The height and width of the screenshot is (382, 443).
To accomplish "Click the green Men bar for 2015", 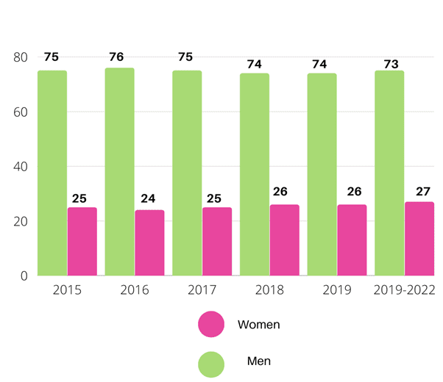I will click(52, 173).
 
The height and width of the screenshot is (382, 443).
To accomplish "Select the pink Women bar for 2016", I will click(149, 242).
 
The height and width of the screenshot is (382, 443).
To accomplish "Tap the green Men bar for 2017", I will click(187, 173).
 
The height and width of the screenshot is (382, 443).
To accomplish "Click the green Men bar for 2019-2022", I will click(389, 173).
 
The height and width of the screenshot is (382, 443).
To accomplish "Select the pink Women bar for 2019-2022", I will click(419, 239).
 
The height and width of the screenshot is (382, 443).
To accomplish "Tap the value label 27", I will click(423, 192).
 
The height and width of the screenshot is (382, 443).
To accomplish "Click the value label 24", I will click(149, 198).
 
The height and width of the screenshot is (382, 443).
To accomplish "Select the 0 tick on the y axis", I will click(24, 276).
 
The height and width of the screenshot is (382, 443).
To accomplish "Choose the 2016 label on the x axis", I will click(134, 290).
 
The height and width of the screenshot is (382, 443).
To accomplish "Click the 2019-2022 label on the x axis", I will click(403, 290).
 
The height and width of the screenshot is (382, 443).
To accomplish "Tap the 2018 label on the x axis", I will click(269, 290).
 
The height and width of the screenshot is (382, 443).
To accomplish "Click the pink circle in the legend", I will click(211, 324).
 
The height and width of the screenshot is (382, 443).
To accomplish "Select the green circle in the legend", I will click(211, 364).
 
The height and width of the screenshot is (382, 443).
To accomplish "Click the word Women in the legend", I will click(258, 324).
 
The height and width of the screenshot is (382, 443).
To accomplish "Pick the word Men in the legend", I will click(258, 361).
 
